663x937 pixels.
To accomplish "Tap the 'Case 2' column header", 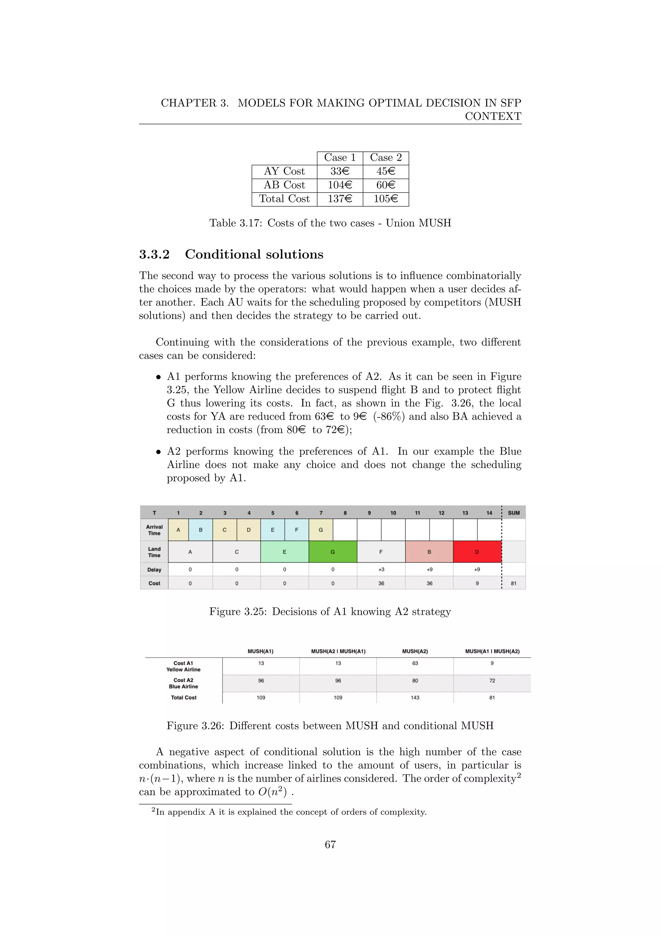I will click(386, 158).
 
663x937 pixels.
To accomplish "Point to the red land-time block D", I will click(477, 552).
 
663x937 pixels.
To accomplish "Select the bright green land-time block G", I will click(333, 552).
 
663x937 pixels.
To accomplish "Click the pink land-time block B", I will click(429, 552).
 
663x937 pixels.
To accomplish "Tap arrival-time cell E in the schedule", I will click(272, 530).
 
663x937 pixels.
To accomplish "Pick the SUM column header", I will click(513, 513).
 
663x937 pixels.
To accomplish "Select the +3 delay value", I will click(381, 570).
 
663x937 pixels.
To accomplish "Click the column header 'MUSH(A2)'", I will click(415, 651).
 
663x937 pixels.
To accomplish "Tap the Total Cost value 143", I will click(415, 698).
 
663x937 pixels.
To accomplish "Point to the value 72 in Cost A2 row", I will click(492, 681).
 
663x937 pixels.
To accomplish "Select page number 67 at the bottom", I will click(330, 844).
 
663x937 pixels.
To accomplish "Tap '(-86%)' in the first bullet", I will click(389, 417).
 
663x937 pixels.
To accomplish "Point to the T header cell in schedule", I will click(154, 513).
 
